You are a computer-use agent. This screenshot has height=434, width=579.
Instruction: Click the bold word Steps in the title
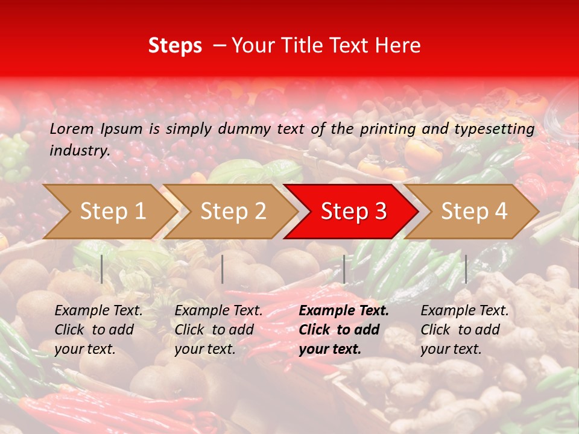(x=175, y=46)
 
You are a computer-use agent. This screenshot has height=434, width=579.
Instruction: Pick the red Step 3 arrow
(x=353, y=212)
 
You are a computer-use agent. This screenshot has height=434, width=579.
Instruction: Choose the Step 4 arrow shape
(x=474, y=212)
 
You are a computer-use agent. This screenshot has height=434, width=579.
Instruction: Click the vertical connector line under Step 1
(x=102, y=269)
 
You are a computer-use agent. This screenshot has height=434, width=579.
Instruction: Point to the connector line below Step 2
(x=223, y=269)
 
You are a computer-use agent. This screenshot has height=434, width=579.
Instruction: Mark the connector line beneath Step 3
(x=344, y=269)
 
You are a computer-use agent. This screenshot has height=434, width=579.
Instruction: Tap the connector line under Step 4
(x=466, y=269)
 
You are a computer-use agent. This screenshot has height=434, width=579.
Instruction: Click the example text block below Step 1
(x=98, y=330)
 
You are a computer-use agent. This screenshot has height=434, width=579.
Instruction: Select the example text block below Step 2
(x=218, y=330)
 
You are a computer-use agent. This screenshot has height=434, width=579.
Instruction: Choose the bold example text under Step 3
(x=344, y=330)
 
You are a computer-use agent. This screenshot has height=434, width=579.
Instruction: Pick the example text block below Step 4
(x=464, y=330)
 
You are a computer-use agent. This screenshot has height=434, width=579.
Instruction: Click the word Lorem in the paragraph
(x=72, y=128)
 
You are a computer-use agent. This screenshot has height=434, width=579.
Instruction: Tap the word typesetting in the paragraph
(x=494, y=129)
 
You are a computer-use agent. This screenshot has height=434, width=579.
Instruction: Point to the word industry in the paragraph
(x=80, y=151)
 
